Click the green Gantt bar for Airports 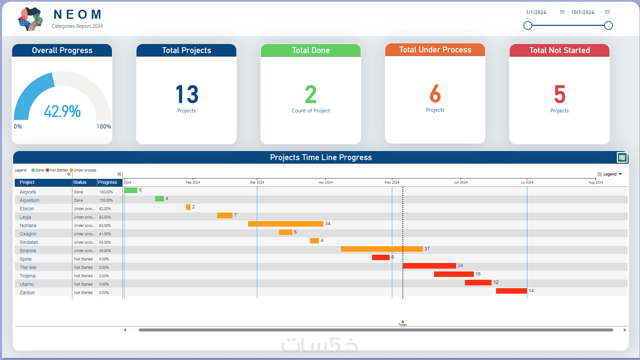pyautogui.click(x=131, y=190)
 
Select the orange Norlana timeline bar pyautogui.click(x=285, y=224)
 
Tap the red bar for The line pyautogui.click(x=429, y=266)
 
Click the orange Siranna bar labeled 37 pyautogui.click(x=382, y=249)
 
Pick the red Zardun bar pyautogui.click(x=511, y=291)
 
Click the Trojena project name pyautogui.click(x=27, y=276)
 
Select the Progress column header pyautogui.click(x=108, y=182)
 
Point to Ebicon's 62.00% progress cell pyautogui.click(x=105, y=209)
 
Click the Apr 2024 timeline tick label pyautogui.click(x=326, y=183)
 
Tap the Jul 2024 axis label pyautogui.click(x=527, y=183)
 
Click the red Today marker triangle pyautogui.click(x=403, y=321)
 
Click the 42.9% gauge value pyautogui.click(x=62, y=111)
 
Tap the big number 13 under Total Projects pyautogui.click(x=187, y=94)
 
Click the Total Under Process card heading pyautogui.click(x=435, y=50)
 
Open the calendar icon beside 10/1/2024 pyautogui.click(x=607, y=12)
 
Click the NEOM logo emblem pyautogui.click(x=31, y=19)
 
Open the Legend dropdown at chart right pyautogui.click(x=610, y=174)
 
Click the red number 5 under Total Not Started pyautogui.click(x=560, y=94)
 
